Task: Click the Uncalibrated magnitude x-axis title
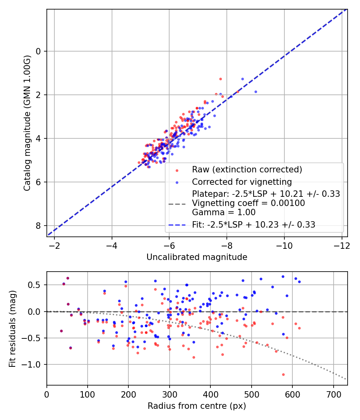point(197,257)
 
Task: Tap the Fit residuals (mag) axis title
point(12,328)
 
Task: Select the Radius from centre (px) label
point(196,406)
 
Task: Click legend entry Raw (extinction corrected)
point(247,170)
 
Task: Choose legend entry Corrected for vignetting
point(242,181)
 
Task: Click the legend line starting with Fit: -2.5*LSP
point(254,225)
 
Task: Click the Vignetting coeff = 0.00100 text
point(248,203)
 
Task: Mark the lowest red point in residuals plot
point(283,374)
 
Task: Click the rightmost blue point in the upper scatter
point(256,92)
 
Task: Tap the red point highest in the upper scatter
point(220,79)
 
